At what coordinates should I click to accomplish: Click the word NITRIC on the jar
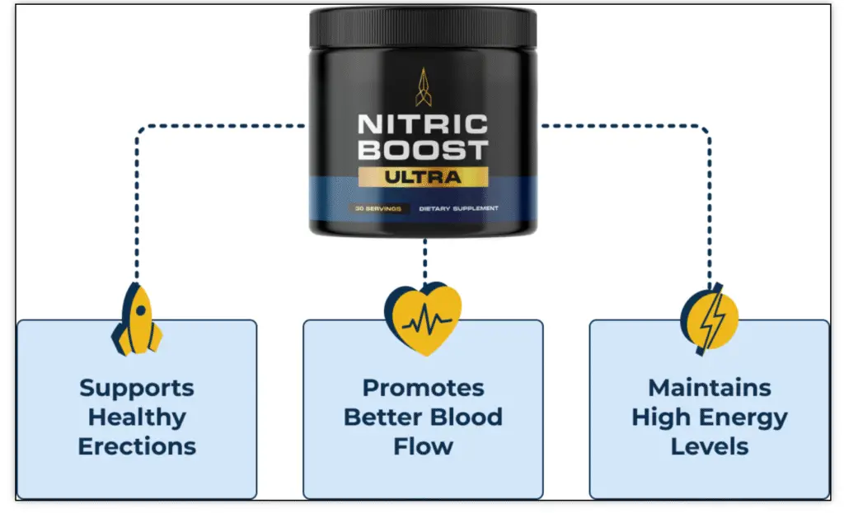pyautogui.click(x=422, y=125)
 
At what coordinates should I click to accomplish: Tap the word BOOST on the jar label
pyautogui.click(x=422, y=152)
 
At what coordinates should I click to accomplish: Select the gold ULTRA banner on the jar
pyautogui.click(x=422, y=176)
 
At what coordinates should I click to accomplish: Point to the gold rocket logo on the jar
pyautogui.click(x=422, y=86)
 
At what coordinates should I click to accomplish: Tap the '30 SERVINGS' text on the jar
pyautogui.click(x=378, y=208)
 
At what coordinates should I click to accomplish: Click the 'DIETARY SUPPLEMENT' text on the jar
pyautogui.click(x=458, y=208)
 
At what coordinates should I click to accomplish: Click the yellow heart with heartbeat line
pyautogui.click(x=423, y=319)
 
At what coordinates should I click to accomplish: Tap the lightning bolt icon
pyautogui.click(x=709, y=318)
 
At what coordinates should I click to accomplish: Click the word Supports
pyautogui.click(x=137, y=387)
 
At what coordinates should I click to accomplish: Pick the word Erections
pyautogui.click(x=137, y=446)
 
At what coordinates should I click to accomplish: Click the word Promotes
pyautogui.click(x=423, y=387)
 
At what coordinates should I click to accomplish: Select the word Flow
pyautogui.click(x=423, y=446)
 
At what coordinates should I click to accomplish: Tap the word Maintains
pyautogui.click(x=709, y=387)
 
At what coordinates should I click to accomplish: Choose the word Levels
pyautogui.click(x=709, y=446)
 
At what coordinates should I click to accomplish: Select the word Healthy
pyautogui.click(x=137, y=417)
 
